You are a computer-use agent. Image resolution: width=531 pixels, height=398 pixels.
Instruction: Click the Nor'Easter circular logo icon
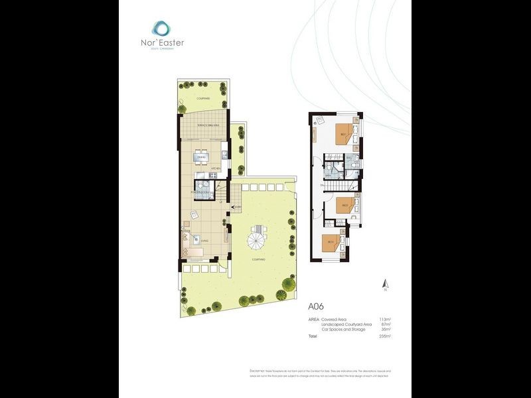pos(160,28)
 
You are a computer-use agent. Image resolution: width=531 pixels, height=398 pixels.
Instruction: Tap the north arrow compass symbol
pos(384,285)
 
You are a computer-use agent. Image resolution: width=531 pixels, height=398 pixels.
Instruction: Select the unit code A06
pos(317,307)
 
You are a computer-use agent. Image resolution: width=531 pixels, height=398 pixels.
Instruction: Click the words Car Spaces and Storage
pos(342,329)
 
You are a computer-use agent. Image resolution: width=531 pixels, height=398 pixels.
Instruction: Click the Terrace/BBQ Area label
pos(203,125)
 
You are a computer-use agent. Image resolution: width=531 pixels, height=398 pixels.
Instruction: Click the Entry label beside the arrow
pos(238,207)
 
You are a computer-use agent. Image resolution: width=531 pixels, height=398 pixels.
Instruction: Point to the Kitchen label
pos(215,169)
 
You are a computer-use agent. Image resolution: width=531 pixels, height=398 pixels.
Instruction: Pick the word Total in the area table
pos(313,336)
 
